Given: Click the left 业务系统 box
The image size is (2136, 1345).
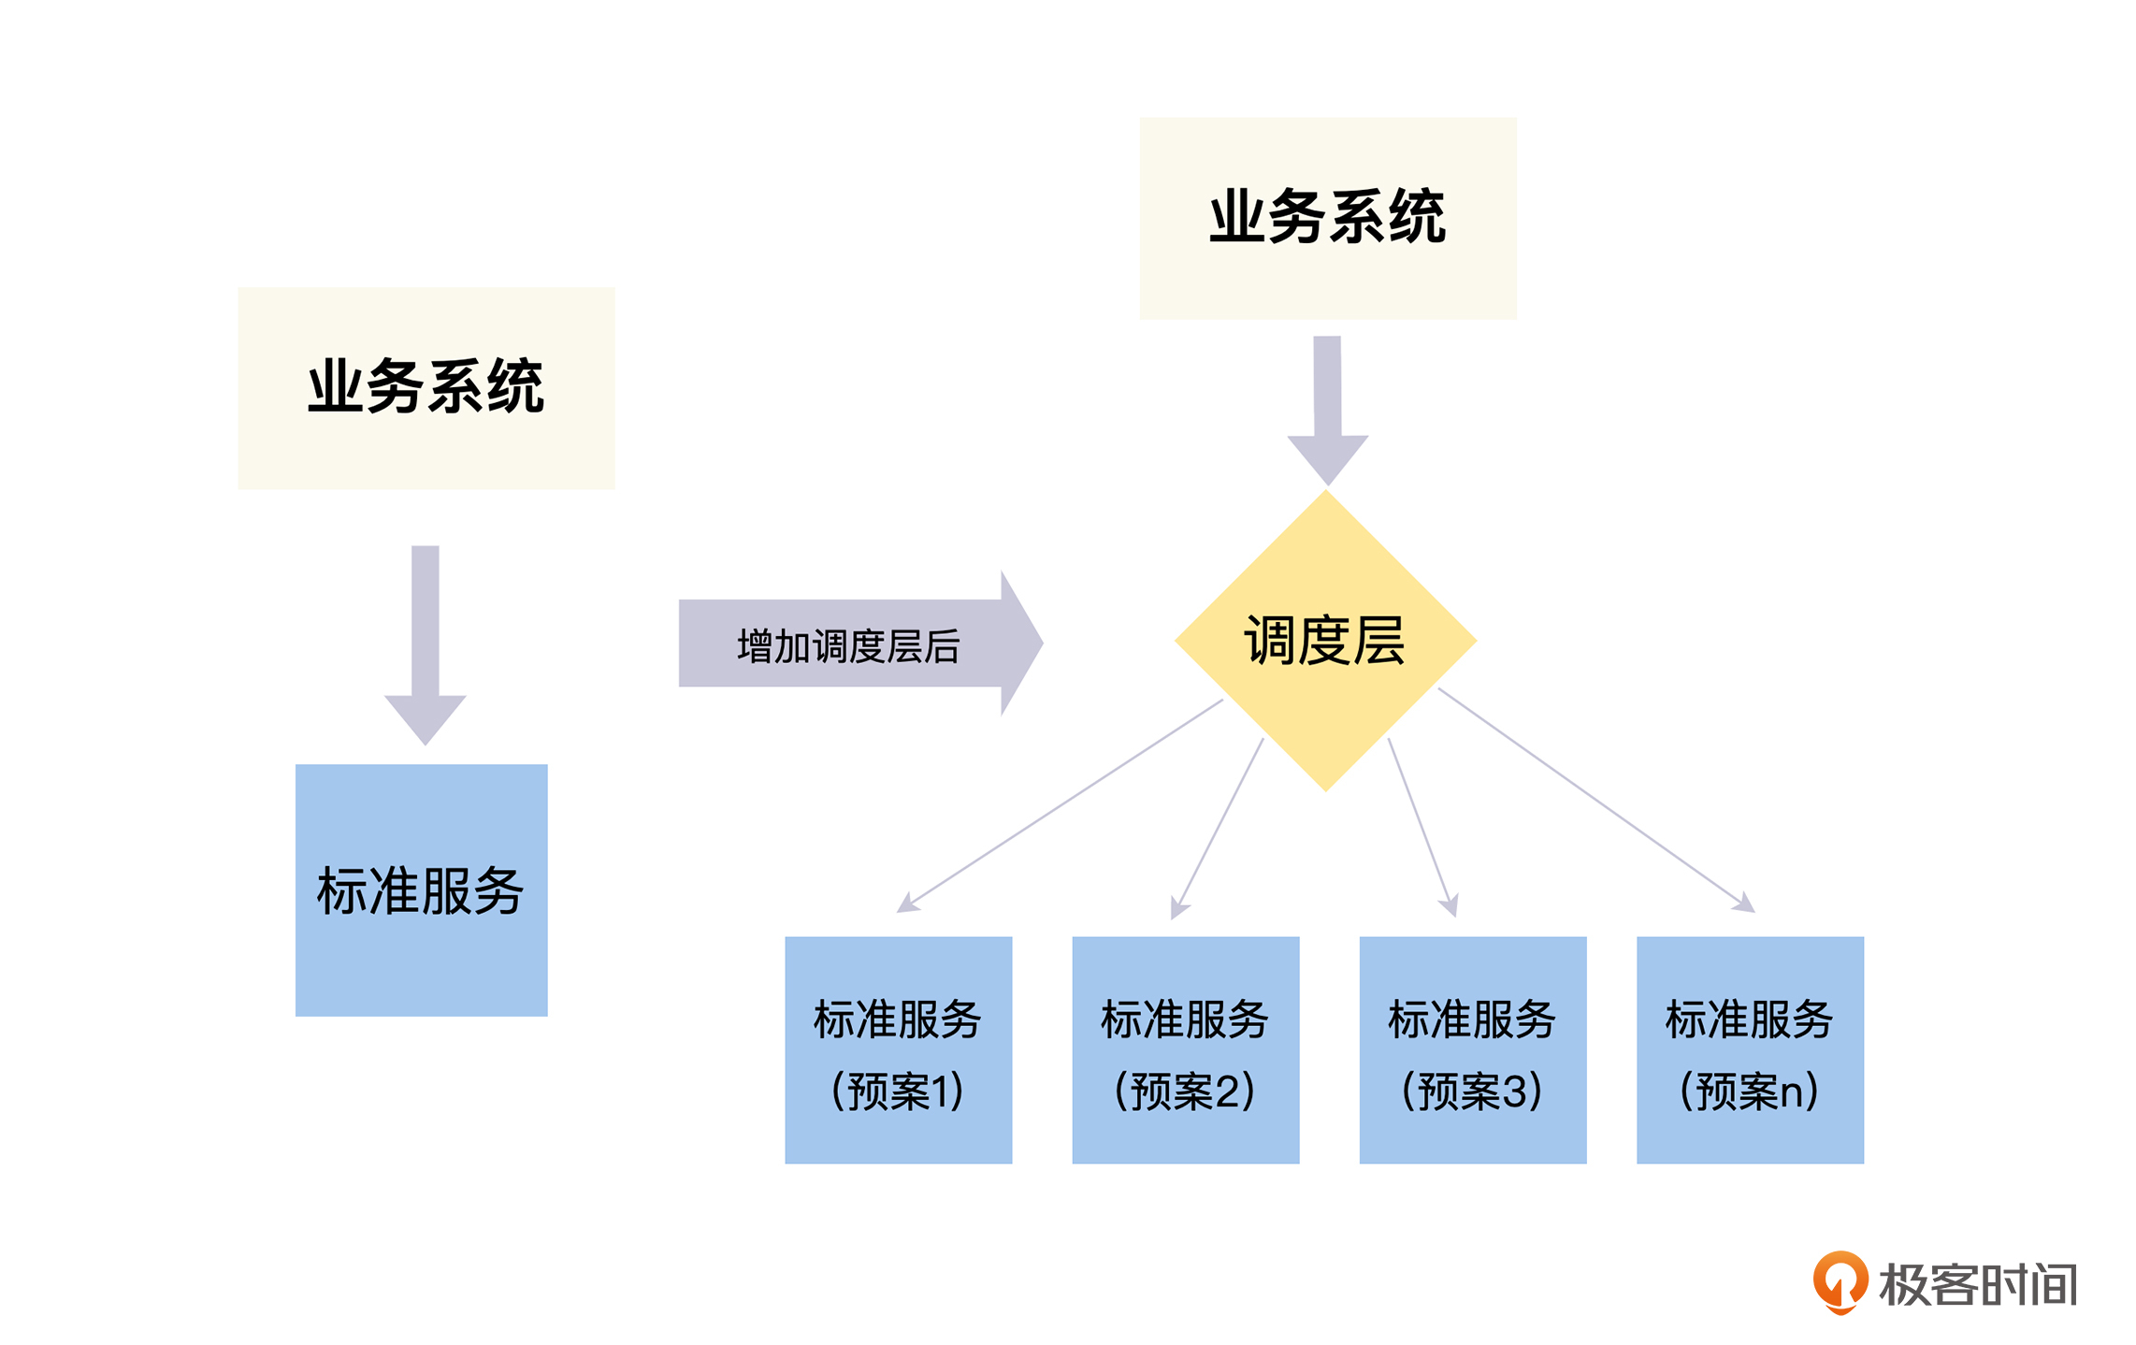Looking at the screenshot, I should (426, 387).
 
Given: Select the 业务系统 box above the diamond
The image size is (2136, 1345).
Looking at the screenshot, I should (1327, 218).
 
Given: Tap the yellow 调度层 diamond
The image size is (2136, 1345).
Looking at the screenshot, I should (1325, 641).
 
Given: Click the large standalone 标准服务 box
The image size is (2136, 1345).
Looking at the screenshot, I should (421, 889).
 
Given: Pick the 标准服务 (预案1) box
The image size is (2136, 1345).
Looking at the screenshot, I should (898, 1049).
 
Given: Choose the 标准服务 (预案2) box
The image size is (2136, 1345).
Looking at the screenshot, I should (1185, 1049).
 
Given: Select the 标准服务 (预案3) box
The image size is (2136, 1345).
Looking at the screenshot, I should (1472, 1049).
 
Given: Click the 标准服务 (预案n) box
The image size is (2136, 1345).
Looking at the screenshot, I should (1749, 1049).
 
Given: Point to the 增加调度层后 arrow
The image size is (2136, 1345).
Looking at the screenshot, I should (860, 644).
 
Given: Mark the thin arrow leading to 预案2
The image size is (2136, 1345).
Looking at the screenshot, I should (1220, 823).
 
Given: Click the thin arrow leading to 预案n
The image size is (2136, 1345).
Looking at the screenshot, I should (1595, 799).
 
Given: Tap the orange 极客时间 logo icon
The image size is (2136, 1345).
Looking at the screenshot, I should (1840, 1281).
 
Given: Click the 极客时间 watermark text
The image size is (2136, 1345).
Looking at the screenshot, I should (1977, 1285).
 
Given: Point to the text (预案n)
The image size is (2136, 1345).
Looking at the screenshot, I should (1749, 1091).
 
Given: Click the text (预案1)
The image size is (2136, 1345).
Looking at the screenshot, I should (898, 1091).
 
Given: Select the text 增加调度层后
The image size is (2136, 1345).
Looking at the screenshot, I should (848, 646).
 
